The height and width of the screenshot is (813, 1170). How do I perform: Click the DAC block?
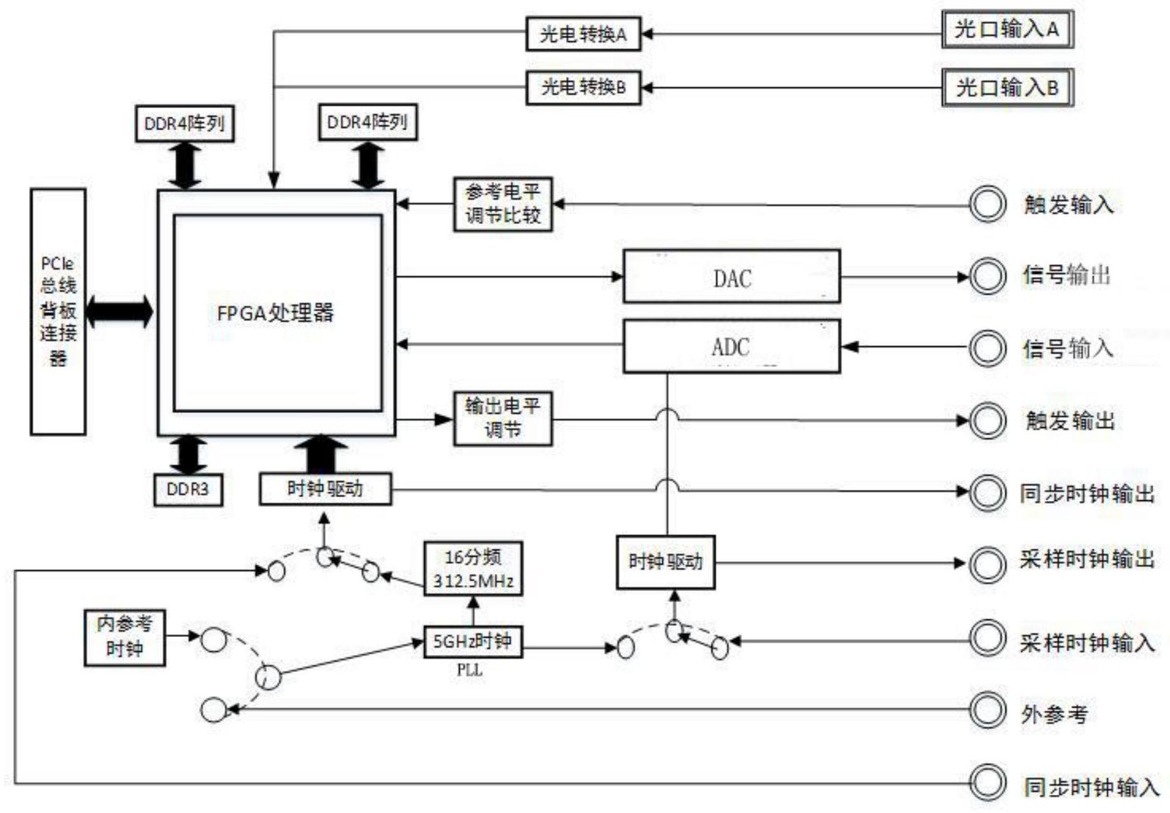pos(732,277)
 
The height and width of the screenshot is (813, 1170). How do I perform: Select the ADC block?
pos(732,346)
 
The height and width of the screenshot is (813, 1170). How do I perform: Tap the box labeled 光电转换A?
pos(583,34)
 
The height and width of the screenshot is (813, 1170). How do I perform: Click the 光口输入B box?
pos(1007,87)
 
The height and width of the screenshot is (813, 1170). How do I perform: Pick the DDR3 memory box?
pos(188,489)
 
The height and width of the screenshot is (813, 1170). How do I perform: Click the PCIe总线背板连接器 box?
pos(58,311)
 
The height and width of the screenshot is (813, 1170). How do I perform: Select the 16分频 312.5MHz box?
pos(473,568)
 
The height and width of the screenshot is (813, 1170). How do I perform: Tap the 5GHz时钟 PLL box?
pos(473,642)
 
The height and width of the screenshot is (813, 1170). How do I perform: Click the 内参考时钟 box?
pos(124,638)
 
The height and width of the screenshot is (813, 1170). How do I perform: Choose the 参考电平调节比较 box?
pos(502,204)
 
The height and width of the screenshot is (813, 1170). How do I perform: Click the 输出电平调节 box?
pos(502,419)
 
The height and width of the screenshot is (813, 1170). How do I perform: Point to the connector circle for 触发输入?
pos(987,205)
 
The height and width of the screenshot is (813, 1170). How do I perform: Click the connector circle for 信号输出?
pos(987,276)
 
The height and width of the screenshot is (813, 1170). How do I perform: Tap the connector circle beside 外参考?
pos(987,710)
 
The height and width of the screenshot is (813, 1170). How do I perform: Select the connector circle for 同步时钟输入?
pos(987,783)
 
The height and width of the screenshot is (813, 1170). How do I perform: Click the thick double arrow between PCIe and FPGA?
pos(120,312)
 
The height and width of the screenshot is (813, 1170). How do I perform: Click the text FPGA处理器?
pos(276,313)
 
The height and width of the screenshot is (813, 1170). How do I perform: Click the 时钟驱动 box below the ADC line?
pos(666,562)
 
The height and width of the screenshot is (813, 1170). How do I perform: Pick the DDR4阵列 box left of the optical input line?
pos(185,123)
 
